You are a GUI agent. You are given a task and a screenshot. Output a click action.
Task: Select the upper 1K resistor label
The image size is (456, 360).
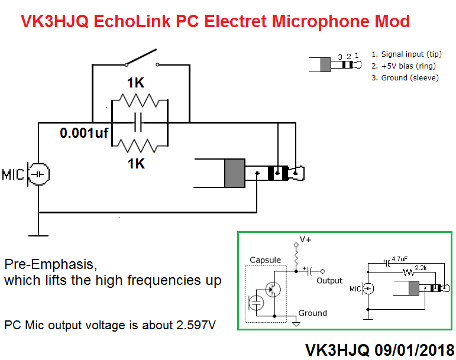[x=136, y=83]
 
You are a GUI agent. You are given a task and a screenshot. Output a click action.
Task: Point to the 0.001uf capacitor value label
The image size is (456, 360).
[x=84, y=133]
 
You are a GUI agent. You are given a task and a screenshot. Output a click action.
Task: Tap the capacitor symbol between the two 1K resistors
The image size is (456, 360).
[x=138, y=123]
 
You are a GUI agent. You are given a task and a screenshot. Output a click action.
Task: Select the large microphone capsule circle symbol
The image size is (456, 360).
[x=40, y=174]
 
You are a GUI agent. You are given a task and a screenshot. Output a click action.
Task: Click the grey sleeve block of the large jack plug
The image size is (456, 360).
[x=235, y=173]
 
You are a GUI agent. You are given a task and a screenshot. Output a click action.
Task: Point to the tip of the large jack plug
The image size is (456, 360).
[x=299, y=173]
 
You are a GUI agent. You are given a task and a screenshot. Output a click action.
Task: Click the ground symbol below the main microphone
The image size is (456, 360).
[x=38, y=232]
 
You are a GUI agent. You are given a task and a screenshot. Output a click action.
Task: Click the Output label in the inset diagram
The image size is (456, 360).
[x=329, y=280]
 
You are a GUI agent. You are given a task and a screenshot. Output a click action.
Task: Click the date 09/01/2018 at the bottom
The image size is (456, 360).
[x=413, y=350]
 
